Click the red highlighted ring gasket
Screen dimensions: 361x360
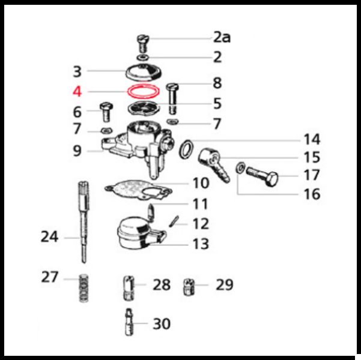point(129,92)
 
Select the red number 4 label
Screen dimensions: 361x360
point(77,92)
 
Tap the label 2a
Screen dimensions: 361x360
point(222,37)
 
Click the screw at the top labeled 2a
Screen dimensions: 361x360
point(143,43)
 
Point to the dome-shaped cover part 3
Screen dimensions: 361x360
point(143,73)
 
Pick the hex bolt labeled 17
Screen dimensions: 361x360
point(262,176)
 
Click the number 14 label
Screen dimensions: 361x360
point(312,139)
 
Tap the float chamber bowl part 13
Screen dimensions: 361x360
point(141,233)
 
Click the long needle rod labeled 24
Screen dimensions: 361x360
point(84,222)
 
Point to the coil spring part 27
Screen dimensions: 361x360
point(84,288)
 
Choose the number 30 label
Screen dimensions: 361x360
point(162,324)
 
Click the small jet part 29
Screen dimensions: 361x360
point(189,287)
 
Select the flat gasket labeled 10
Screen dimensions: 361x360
point(138,190)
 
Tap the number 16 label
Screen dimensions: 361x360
point(312,194)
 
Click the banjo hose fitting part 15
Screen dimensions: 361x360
point(214,164)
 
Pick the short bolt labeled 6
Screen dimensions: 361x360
point(106,112)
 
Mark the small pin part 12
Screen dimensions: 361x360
point(174,221)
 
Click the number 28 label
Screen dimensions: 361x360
point(162,285)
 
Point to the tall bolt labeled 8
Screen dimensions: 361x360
point(172,98)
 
